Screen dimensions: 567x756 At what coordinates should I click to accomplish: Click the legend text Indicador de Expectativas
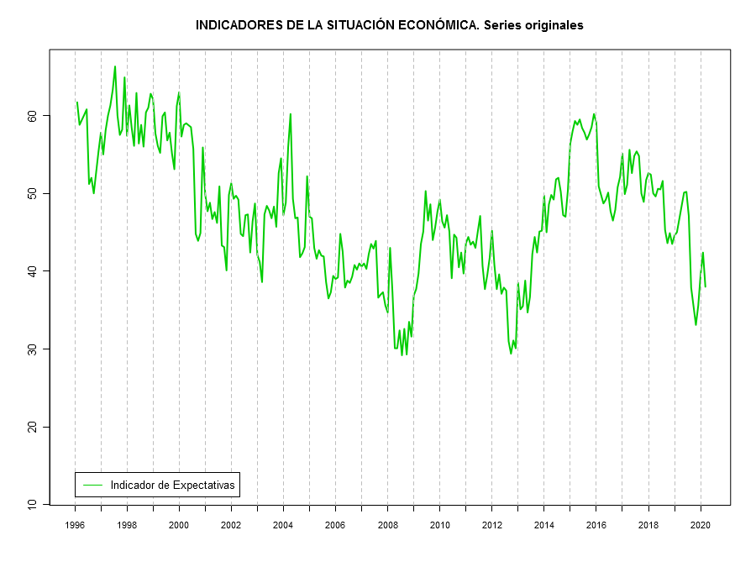(172, 485)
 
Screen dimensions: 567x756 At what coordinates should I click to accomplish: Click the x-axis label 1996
(75, 525)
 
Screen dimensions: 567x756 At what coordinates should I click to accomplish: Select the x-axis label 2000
(179, 525)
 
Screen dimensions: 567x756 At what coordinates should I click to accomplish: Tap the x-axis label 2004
(283, 525)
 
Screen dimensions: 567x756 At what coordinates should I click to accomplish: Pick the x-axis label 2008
(388, 525)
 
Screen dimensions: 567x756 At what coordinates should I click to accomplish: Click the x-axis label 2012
(492, 525)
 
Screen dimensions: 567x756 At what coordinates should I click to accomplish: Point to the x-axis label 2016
(596, 525)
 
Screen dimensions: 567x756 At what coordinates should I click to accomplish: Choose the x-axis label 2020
(701, 525)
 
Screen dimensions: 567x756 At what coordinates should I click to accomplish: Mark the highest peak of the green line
(115, 66)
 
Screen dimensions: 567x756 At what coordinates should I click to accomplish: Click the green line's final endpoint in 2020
(706, 287)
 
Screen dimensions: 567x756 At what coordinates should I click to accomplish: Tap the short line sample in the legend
(92, 485)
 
